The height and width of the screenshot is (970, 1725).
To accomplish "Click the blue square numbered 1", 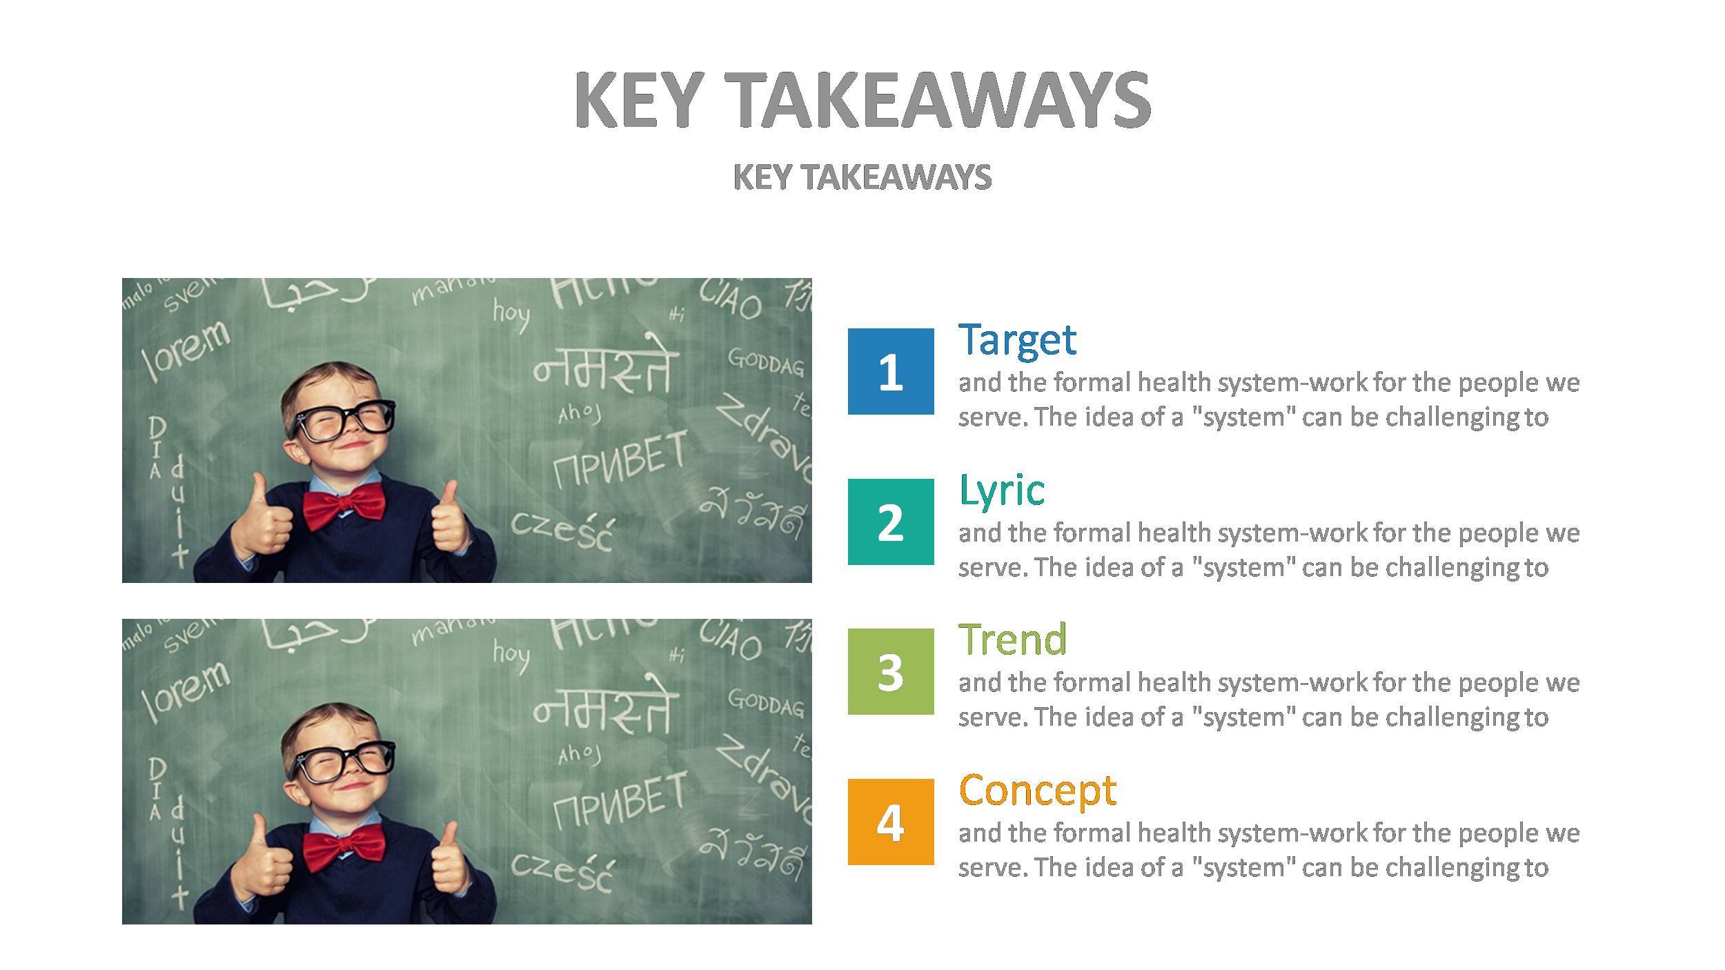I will click(890, 371).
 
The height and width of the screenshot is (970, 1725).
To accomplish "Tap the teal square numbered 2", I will click(890, 522).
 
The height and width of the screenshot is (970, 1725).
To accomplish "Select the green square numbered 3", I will click(890, 671).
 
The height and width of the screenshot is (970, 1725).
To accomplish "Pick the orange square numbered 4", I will click(890, 822).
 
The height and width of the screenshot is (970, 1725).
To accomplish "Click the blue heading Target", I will click(1017, 339).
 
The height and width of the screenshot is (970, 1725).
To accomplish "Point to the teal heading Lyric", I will click(1002, 490).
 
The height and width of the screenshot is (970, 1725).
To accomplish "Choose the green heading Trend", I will click(1013, 640).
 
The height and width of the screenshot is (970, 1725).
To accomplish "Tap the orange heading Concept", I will click(1037, 790).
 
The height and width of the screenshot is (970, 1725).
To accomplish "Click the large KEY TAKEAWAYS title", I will click(862, 100).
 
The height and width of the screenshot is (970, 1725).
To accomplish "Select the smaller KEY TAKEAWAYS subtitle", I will click(862, 177).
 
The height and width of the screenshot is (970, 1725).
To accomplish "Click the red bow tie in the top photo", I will click(344, 506).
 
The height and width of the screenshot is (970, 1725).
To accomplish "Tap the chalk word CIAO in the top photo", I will click(731, 301).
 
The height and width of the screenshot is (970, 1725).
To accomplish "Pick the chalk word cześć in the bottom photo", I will click(562, 871).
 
